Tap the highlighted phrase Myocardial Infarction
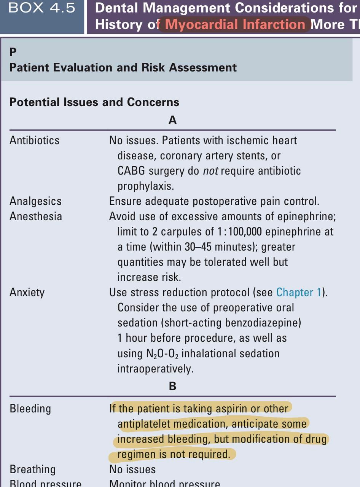click(235, 25)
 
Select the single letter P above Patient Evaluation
click(13, 51)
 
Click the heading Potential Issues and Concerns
click(94, 102)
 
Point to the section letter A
click(172, 120)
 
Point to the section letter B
click(172, 386)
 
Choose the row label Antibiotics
click(35, 140)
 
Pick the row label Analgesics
click(35, 201)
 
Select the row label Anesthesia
click(36, 216)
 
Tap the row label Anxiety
click(27, 292)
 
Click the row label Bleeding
click(30, 409)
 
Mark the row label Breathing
click(32, 469)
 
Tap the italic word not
click(210, 171)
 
